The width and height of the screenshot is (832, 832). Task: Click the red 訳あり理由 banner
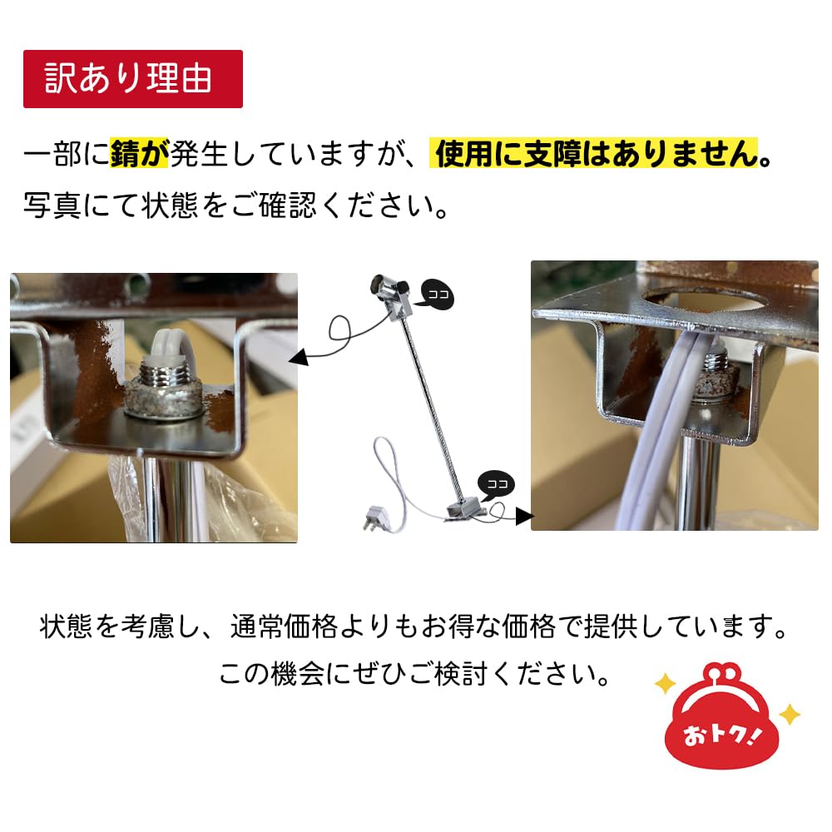click(132, 79)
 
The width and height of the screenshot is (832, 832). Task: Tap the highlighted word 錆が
click(139, 156)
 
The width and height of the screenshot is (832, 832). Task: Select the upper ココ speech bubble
click(438, 293)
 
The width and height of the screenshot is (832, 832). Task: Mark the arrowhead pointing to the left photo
click(299, 359)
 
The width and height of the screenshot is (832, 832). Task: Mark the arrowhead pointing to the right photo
click(523, 516)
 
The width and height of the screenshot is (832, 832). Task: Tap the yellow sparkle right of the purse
click(790, 714)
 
